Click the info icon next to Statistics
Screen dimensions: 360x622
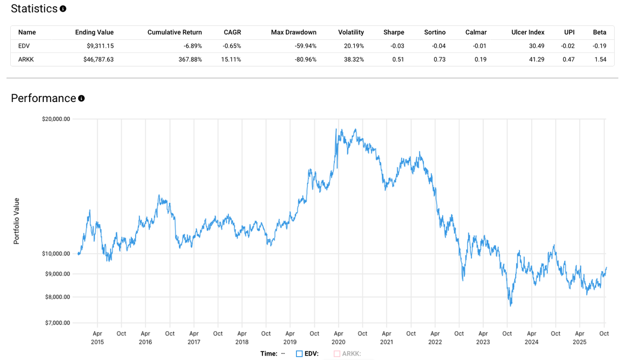[x=63, y=9]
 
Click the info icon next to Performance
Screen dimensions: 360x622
[x=81, y=98]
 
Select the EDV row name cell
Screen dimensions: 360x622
[x=24, y=46]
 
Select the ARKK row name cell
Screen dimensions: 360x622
[x=26, y=59]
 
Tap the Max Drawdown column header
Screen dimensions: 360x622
[x=294, y=33]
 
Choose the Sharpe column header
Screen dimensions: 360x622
[x=393, y=33]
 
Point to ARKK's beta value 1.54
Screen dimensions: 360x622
[x=600, y=59]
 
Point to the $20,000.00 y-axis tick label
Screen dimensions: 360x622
[x=56, y=119]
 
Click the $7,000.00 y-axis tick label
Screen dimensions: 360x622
[x=57, y=323]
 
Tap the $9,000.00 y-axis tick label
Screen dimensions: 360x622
[x=57, y=274]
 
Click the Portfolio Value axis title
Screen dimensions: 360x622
[x=17, y=221]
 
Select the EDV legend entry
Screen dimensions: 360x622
[x=307, y=354]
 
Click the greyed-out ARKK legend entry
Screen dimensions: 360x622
[x=347, y=354]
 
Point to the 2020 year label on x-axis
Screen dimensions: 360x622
[x=339, y=342]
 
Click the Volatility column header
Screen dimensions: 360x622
[x=351, y=33]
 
